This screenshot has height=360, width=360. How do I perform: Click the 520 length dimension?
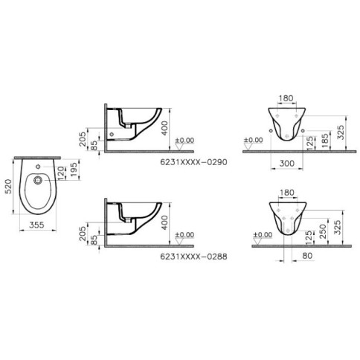[x=8, y=187]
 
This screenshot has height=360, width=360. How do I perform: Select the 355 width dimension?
[x=36, y=225]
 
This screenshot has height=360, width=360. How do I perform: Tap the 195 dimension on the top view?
[x=74, y=170]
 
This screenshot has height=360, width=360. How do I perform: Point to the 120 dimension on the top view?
[x=61, y=173]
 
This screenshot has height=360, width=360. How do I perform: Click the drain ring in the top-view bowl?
[x=38, y=180]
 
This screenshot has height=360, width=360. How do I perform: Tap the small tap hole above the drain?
[x=38, y=167]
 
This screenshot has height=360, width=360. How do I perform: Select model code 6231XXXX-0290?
[x=193, y=162]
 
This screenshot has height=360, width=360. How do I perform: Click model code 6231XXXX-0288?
[x=193, y=257]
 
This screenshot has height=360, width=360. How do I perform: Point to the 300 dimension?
[x=287, y=164]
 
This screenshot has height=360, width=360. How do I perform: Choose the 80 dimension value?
[x=307, y=256]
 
